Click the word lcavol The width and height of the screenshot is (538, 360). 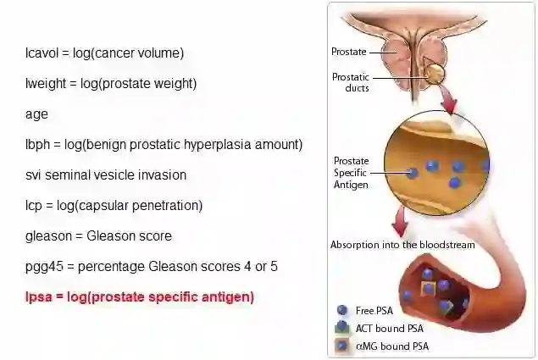click(x=43, y=53)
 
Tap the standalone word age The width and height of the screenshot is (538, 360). click(x=36, y=114)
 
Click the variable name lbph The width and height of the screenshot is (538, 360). click(x=38, y=145)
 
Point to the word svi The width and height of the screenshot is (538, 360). click(x=34, y=175)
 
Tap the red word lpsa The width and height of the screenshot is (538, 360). click(x=39, y=297)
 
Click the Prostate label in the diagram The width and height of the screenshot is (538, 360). click(x=348, y=52)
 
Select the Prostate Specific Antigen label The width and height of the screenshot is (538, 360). click(x=351, y=172)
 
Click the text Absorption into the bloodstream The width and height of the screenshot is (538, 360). click(x=402, y=245)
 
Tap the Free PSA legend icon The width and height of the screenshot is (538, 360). click(x=342, y=311)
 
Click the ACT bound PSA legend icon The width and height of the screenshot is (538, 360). click(x=342, y=328)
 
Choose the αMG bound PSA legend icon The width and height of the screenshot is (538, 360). click(x=342, y=346)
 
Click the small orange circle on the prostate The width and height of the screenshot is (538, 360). click(x=434, y=74)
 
